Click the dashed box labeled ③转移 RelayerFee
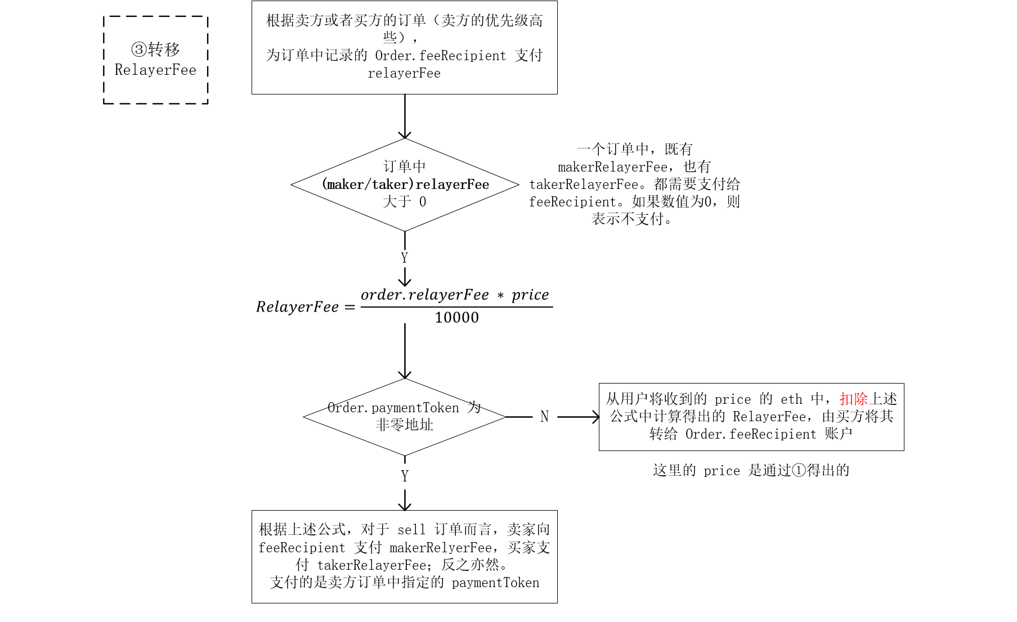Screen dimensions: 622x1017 click(x=155, y=60)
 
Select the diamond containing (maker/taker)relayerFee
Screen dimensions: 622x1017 click(x=405, y=184)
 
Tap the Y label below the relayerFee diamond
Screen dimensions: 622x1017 click(x=405, y=258)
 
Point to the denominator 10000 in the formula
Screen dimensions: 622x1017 click(x=456, y=318)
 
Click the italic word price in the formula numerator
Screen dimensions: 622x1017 click(x=530, y=295)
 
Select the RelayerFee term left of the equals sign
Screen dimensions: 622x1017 click(x=297, y=307)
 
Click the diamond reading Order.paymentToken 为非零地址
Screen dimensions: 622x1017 click(x=405, y=417)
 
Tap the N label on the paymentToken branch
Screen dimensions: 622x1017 click(x=544, y=417)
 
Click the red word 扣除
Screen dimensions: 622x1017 click(x=853, y=399)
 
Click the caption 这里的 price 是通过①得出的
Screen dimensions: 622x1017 click(x=751, y=471)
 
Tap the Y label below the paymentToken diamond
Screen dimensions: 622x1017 click(x=405, y=476)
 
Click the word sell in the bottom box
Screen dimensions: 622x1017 click(x=411, y=530)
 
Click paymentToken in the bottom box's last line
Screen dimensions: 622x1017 click(x=495, y=583)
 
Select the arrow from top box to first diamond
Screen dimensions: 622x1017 click(x=405, y=116)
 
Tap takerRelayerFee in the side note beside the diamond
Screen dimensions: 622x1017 click(x=584, y=184)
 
